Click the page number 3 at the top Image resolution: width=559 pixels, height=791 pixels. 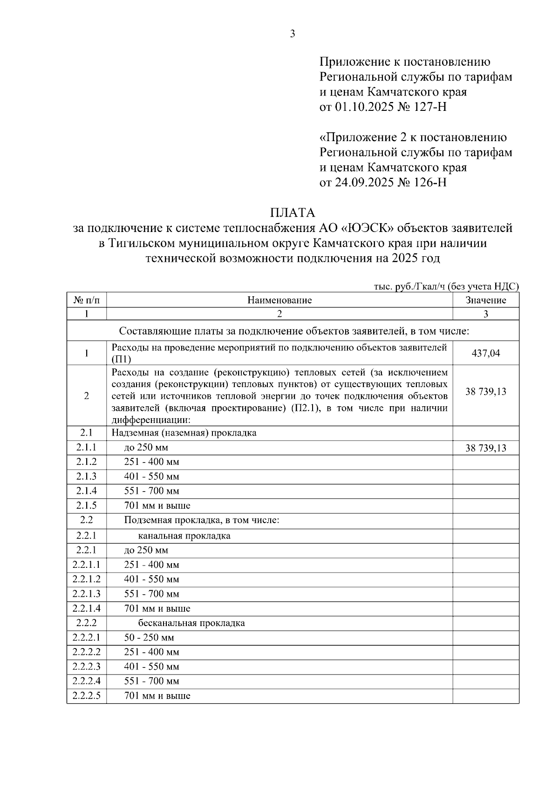(293, 34)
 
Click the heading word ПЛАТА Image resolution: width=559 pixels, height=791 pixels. (293, 213)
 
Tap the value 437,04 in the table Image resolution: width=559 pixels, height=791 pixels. (485, 354)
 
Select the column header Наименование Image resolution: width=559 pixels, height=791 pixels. (279, 300)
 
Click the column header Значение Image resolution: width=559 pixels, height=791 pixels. (485, 300)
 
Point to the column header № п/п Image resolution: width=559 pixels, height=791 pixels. (87, 300)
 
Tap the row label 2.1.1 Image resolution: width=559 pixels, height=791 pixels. (87, 448)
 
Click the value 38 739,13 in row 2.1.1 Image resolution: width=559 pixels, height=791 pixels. (485, 449)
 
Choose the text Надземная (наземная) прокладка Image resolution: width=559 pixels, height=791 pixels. (184, 433)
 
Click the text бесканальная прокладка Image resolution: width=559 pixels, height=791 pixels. (191, 623)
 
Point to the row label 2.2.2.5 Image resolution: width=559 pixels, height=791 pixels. (87, 696)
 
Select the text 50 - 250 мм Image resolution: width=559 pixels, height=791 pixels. (149, 638)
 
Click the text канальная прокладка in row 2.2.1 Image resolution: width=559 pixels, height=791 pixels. (184, 536)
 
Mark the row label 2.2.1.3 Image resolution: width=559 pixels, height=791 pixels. (87, 594)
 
